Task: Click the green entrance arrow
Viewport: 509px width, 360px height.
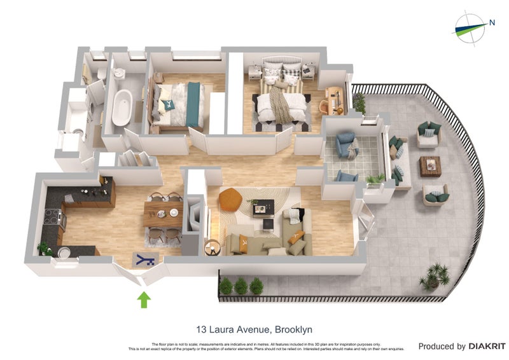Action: tap(144, 298)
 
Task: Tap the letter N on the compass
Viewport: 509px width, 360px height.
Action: tap(492, 23)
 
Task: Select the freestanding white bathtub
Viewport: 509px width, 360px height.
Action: tap(122, 106)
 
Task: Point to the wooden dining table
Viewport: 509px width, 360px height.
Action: tap(163, 214)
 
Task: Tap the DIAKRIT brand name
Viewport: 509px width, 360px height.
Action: tap(487, 347)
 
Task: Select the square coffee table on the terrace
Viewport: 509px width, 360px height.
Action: tap(430, 166)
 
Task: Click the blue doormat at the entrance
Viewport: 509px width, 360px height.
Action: tap(146, 259)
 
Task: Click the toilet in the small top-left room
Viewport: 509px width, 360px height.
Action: tap(101, 74)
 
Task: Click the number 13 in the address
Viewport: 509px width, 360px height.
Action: tap(202, 329)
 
